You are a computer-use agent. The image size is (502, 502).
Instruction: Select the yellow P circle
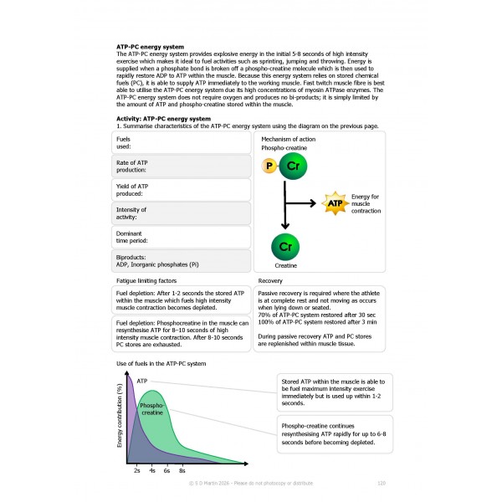pos(269,166)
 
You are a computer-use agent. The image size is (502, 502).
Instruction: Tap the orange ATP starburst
pos(334,202)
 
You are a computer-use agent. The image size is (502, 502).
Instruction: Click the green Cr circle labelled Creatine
pos(285,248)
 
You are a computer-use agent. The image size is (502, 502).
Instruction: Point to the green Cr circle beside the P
pos(293,166)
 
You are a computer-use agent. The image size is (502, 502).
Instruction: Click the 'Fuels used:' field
pos(182,143)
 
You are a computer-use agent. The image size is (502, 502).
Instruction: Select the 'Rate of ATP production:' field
pos(182,166)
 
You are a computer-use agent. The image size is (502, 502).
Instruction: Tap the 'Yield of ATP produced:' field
pos(182,190)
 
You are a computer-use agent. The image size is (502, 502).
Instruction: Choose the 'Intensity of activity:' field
pos(182,213)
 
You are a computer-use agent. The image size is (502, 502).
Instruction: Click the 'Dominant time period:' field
pos(182,237)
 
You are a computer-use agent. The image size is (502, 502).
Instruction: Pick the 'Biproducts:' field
pos(182,260)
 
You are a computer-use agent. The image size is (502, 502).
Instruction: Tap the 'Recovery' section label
pos(270,280)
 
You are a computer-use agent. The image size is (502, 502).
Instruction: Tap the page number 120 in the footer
pos(381,483)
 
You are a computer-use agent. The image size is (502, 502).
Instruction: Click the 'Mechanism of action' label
pos(288,138)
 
